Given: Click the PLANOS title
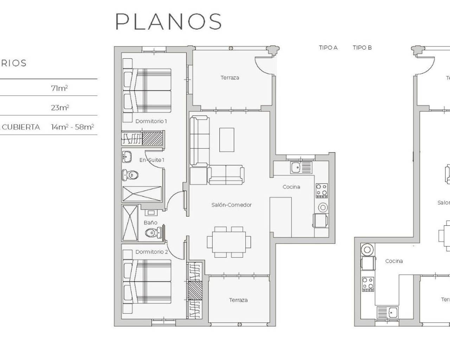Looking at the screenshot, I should pos(168,21).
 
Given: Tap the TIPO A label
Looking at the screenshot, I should pos(328,47).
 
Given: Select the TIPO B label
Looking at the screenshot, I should pos(362,47).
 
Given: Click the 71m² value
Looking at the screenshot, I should pos(59,88).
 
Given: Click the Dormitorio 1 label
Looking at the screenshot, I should pos(151,121).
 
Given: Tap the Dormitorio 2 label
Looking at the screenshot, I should pos(152,252).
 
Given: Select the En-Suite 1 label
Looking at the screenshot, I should pos(152,160).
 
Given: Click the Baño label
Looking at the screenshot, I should pos(150,223).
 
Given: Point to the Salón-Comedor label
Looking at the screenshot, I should pos(231,205).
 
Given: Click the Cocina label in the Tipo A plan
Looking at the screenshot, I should pos(291,187).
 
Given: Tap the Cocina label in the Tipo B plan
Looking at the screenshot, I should pos(394,261).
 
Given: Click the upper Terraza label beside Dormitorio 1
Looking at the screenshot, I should pos(230,78).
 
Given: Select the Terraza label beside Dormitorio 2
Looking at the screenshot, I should pos(238,300).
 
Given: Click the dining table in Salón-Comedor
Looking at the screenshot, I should pos(229,242).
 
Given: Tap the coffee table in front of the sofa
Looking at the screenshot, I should pos(227,140).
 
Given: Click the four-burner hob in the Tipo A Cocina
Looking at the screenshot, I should pos(321,190).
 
